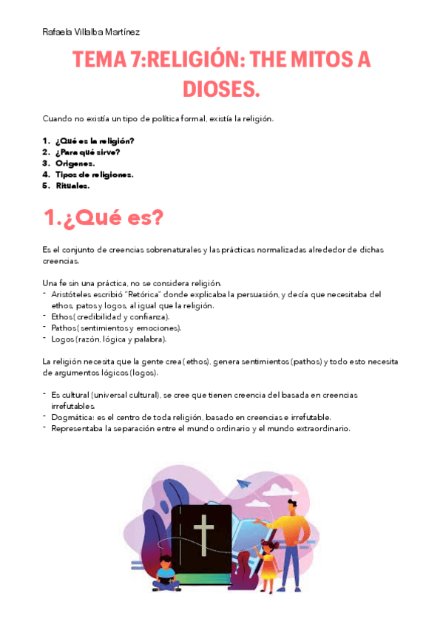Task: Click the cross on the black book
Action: [203, 534]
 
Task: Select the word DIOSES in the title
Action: [221, 89]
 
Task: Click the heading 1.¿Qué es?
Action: [104, 219]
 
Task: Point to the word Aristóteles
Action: [76, 294]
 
